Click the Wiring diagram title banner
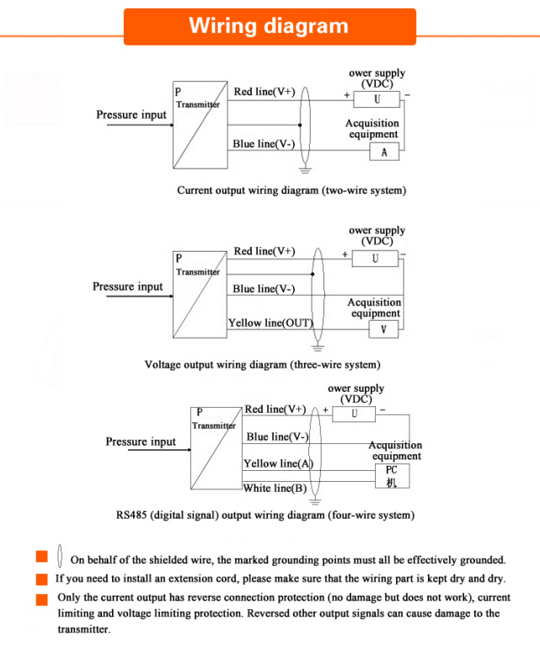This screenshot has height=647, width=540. pyautogui.click(x=270, y=26)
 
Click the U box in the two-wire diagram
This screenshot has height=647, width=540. pyautogui.click(x=377, y=99)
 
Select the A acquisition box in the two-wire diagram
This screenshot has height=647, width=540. pyautogui.click(x=384, y=152)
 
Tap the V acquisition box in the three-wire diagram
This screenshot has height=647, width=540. pyautogui.click(x=384, y=329)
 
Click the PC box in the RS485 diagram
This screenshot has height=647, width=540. pyautogui.click(x=392, y=476)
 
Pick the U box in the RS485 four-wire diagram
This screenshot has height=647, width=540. pyautogui.click(x=354, y=414)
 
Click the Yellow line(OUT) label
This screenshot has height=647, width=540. pyautogui.click(x=270, y=323)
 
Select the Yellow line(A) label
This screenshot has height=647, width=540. pyautogui.click(x=278, y=463)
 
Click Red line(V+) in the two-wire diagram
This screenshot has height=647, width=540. pyautogui.click(x=264, y=92)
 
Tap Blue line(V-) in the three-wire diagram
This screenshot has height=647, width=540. pyautogui.click(x=263, y=289)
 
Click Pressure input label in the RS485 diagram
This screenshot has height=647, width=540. pyautogui.click(x=141, y=442)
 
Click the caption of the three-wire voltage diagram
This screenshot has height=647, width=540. pyautogui.click(x=262, y=366)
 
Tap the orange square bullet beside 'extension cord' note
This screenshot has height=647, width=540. pyautogui.click(x=41, y=580)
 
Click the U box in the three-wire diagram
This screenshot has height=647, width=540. pyautogui.click(x=375, y=258)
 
